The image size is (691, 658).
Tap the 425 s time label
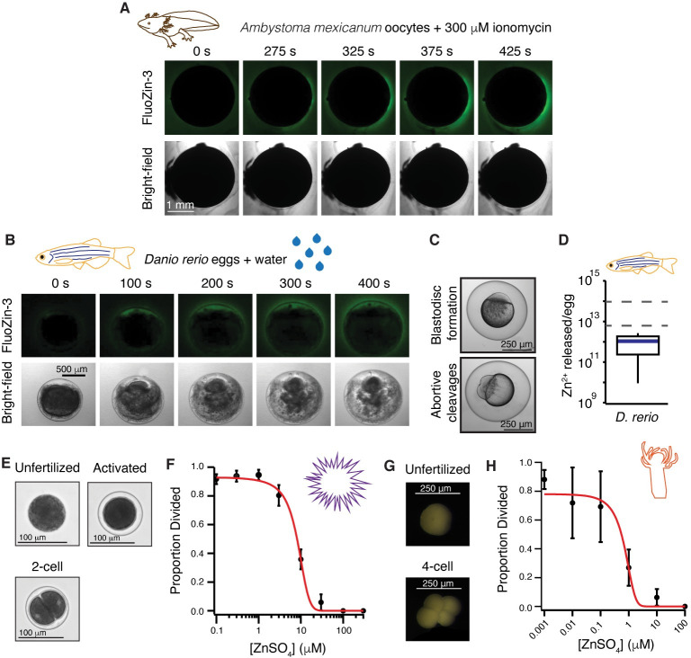coord(515,51)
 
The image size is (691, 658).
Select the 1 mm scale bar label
coord(180,204)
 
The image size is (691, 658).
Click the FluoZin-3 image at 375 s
coord(436,97)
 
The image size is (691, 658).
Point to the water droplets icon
coord(312,252)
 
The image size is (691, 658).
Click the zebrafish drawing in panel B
coord(85,253)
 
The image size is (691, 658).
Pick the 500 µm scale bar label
coord(71,369)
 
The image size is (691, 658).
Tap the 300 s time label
coord(295,283)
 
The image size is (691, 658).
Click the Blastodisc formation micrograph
coord(498,315)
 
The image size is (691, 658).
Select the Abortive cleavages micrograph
coord(498,395)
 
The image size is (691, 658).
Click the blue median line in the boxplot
coord(638,341)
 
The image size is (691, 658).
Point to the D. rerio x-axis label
coord(636,417)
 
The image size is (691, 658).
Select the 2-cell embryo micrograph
coord(48,609)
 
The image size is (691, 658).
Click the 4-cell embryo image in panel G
coord(437,609)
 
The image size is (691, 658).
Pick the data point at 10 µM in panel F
coord(301,559)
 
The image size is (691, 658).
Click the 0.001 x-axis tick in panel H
coord(537,627)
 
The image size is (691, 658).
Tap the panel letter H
coord(491,466)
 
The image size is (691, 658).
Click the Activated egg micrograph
coord(120,514)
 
